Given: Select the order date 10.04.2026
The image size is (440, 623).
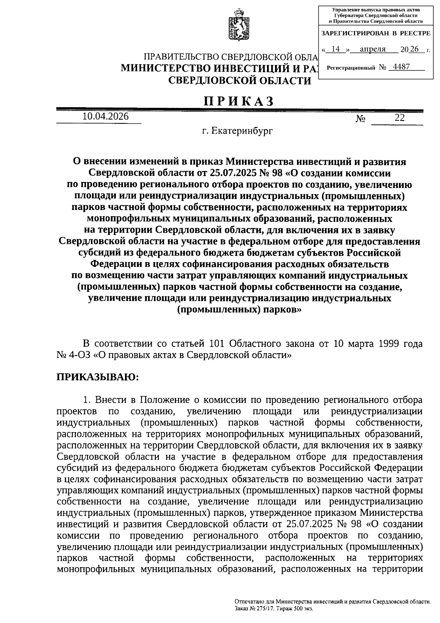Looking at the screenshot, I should pyautogui.click(x=106, y=117).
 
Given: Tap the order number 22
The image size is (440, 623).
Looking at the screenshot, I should pyautogui.click(x=399, y=118).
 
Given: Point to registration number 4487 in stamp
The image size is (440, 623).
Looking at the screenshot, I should pyautogui.click(x=401, y=67).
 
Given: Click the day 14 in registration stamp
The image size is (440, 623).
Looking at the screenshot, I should pyautogui.click(x=335, y=49).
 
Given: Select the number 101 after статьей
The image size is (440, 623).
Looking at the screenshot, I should pyautogui.click(x=219, y=344).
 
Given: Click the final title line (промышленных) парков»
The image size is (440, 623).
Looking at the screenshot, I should pyautogui.click(x=239, y=309).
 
